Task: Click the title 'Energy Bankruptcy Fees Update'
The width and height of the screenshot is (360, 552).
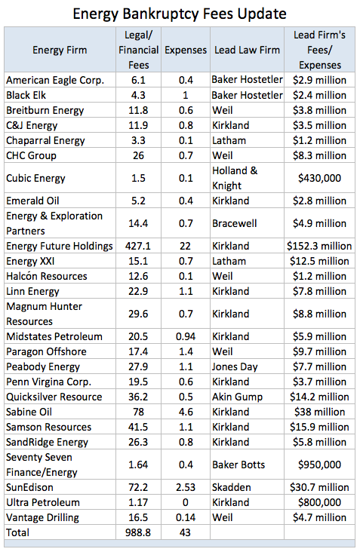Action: [x=180, y=14]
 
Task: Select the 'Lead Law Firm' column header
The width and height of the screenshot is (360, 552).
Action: [x=247, y=50]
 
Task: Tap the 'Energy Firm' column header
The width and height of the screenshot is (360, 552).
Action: [x=60, y=50]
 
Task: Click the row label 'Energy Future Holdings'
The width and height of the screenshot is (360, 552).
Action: [x=60, y=246]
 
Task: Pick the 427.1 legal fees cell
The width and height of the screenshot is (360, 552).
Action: [x=138, y=246]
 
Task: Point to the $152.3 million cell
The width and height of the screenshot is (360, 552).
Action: [x=319, y=246]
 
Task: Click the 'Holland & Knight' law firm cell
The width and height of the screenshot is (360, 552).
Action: [x=235, y=178]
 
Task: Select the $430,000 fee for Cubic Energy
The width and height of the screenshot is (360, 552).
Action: [x=319, y=178]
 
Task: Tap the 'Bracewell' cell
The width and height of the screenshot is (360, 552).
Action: [x=234, y=223]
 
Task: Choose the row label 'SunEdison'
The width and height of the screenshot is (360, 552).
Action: [x=29, y=488]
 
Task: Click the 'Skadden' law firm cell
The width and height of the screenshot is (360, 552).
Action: [x=232, y=488]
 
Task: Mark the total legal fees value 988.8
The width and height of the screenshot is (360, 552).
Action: [x=138, y=532]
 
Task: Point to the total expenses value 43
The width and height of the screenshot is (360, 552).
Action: [x=186, y=532]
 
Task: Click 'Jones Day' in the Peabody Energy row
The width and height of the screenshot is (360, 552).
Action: [x=235, y=366]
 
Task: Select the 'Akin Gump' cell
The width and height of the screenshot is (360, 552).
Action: [x=238, y=397]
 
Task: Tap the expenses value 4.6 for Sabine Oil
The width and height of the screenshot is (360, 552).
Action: [x=186, y=412]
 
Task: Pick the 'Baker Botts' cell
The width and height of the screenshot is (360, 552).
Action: [x=238, y=465]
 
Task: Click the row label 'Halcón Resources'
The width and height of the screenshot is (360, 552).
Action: [x=47, y=276]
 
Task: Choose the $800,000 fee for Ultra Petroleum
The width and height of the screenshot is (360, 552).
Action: [x=319, y=503]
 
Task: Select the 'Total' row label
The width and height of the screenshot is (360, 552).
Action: [x=17, y=532]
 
